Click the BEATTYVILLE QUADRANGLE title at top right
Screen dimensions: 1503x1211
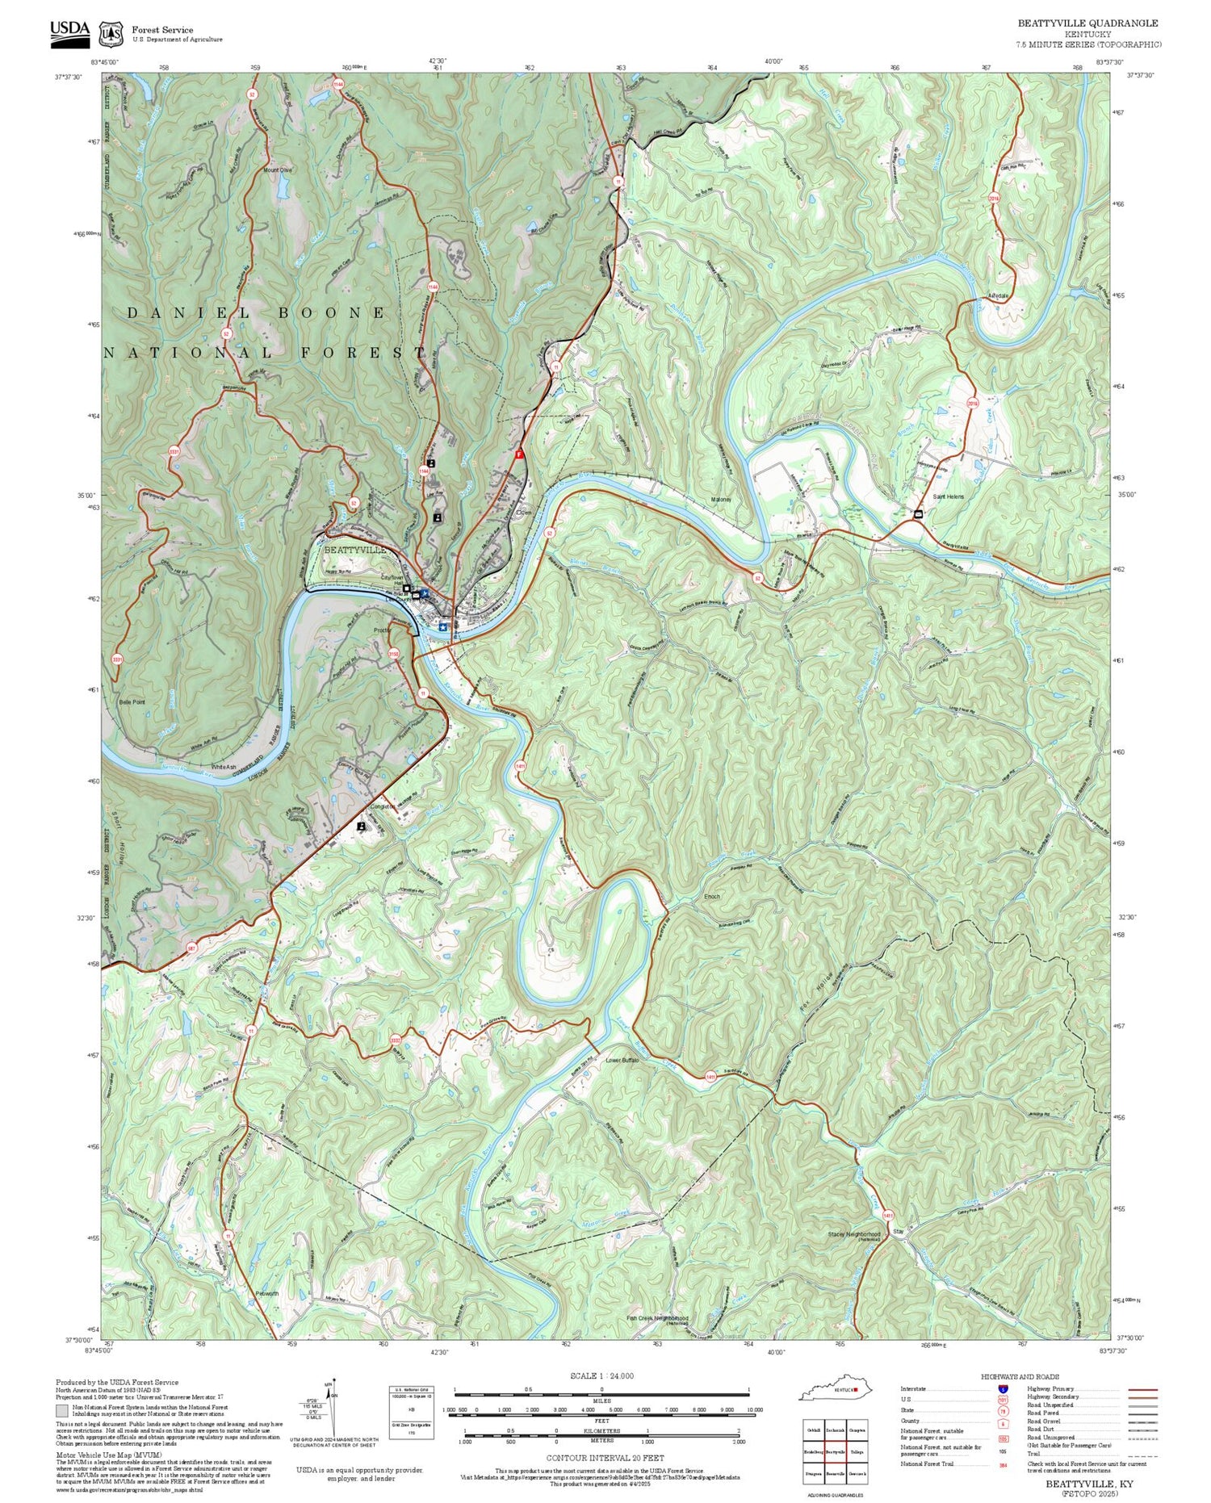1087,23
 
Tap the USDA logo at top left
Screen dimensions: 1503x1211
70,31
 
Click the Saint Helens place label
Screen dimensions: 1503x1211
948,497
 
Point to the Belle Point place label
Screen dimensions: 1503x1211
132,702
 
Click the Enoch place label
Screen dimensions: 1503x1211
711,897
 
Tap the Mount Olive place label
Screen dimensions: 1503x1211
278,170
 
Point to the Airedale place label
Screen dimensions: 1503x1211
998,296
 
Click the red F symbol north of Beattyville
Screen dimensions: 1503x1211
520,454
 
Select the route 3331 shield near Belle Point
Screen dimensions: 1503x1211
118,659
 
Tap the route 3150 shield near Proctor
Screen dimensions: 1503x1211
394,654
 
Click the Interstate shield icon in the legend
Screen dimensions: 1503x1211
1003,1389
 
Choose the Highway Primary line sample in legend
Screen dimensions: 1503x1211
1138,1390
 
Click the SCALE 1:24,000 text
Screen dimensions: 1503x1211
601,1376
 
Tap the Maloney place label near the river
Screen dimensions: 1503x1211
721,500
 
